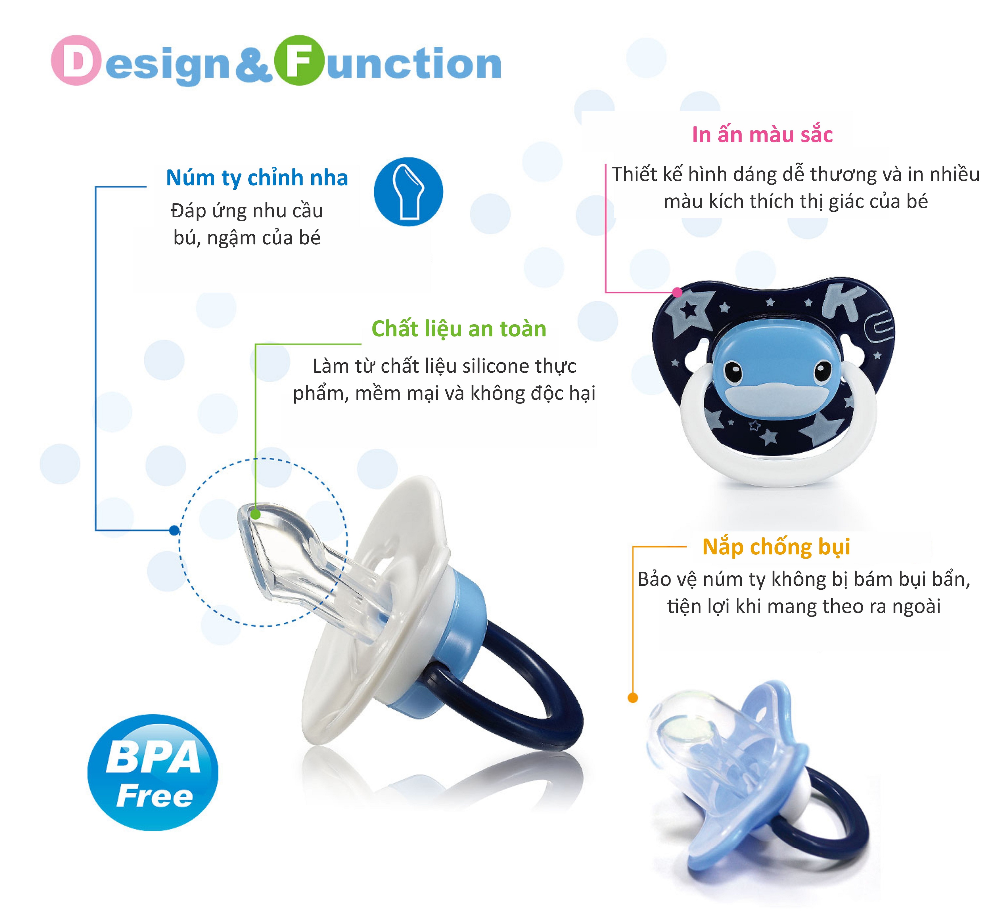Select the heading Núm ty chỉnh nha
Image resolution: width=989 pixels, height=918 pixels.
pos(257,177)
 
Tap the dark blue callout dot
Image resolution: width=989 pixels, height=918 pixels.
pos(174,530)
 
